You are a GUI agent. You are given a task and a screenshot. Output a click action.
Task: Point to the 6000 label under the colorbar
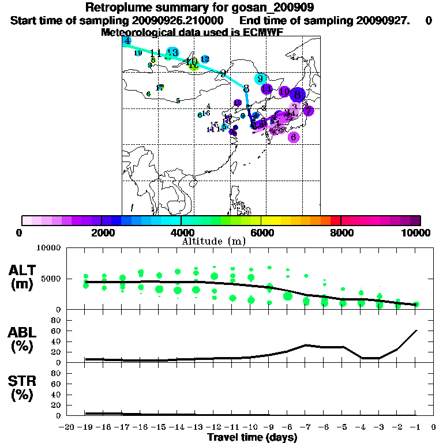pyautogui.click(x=261, y=232)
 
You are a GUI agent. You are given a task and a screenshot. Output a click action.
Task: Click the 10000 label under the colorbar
pyautogui.click(x=417, y=232)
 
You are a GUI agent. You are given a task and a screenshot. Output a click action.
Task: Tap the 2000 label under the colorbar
pyautogui.click(x=102, y=232)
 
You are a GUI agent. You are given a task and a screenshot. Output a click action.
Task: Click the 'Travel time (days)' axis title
pyautogui.click(x=252, y=438)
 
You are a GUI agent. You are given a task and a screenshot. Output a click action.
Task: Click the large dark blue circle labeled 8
pyautogui.click(x=298, y=95)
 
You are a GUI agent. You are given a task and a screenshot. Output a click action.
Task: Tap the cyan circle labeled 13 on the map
pyautogui.click(x=172, y=52)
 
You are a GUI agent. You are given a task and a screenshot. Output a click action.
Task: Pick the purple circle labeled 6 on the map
pyautogui.click(x=294, y=137)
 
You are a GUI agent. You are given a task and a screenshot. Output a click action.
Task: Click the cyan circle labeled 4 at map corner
pyautogui.click(x=127, y=40)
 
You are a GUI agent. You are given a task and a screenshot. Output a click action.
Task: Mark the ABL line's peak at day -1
pyautogui.click(x=416, y=331)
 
